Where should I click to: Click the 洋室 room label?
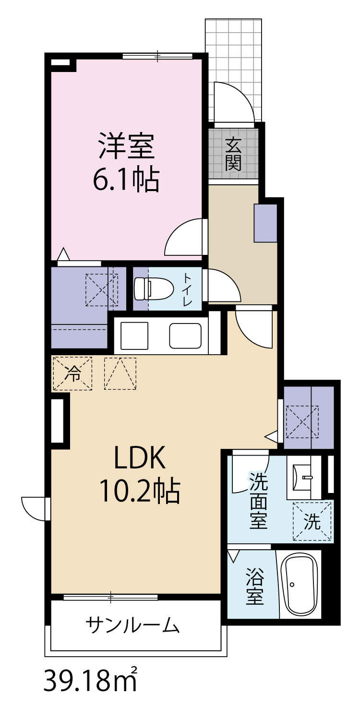[127, 146]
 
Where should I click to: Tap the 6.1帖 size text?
[126, 180]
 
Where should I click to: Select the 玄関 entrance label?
[233, 154]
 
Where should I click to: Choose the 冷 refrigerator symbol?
[72, 373]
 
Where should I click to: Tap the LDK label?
[140, 457]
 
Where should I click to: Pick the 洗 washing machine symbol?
[312, 521]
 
